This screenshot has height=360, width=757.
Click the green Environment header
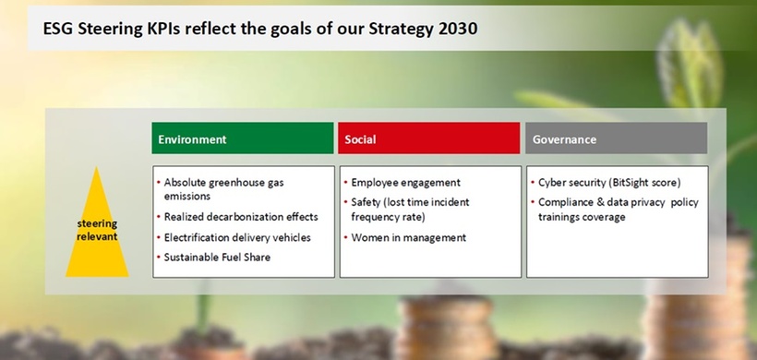tap(243, 138)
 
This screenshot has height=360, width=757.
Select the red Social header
tap(428, 138)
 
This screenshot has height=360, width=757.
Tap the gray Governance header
tap(616, 138)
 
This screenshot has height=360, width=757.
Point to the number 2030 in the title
tap(458, 29)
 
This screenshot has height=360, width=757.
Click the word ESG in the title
tap(58, 29)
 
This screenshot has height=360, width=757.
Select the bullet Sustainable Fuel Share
tap(217, 258)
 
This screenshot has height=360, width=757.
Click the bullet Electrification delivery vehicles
tap(237, 237)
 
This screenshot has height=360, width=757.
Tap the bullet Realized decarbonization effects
tap(241, 217)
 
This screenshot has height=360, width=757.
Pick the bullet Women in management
tap(408, 237)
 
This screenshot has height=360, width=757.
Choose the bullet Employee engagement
tap(405, 183)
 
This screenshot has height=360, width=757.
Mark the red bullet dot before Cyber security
tap(533, 183)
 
